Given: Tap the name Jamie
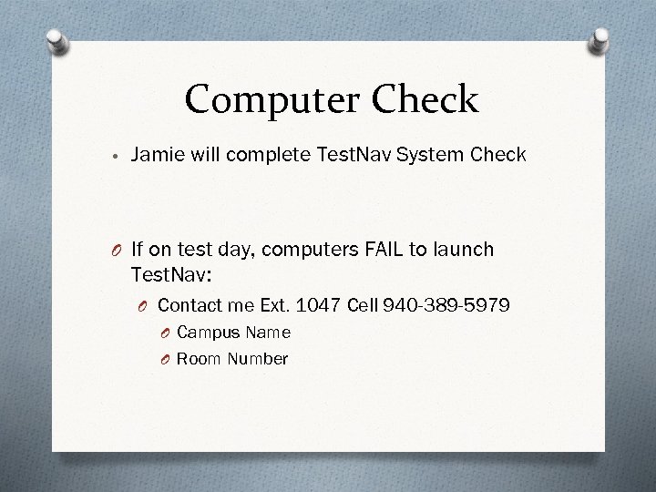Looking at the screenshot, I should (x=157, y=155).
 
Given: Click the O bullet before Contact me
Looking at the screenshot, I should (x=145, y=304).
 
